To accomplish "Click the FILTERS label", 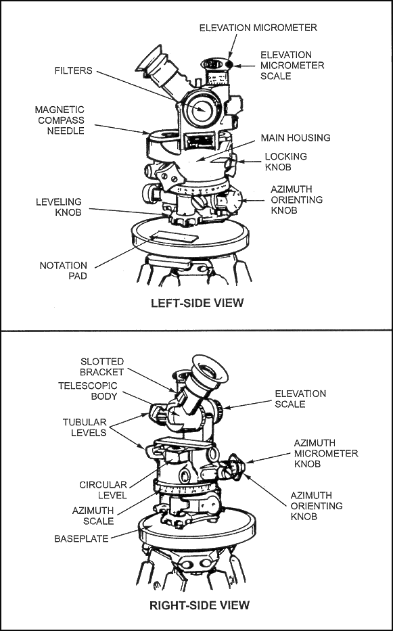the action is pos(73,71).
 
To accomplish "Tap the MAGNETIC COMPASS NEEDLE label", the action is pos(60,120).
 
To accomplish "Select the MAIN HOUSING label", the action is pos(296,138).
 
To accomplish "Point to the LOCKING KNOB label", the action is pos(285,162).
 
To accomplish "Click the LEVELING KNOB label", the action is pos(59,207).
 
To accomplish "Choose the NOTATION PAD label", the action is pos(63,271).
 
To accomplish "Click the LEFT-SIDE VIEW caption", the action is pos(198,303).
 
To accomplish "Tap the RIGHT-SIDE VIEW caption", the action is pos(200,605).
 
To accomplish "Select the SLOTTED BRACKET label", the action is pos(102,366).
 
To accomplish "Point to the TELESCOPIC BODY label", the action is pos(88,391).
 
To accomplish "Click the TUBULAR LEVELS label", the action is pos(85,427).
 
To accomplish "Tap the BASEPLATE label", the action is pos(81,539).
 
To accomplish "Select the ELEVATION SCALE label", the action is pos(300,399).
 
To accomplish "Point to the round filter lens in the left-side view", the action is pos(200,109).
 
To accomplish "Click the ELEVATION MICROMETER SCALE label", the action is pos(292,65).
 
